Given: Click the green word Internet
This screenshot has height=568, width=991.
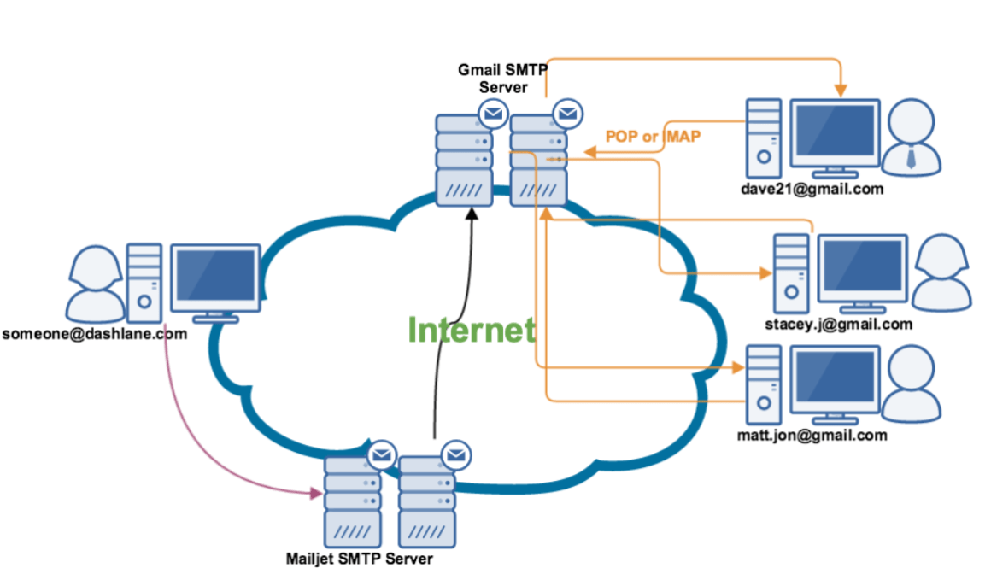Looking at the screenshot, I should (472, 331).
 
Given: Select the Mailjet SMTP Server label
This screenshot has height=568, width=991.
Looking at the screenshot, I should (359, 559).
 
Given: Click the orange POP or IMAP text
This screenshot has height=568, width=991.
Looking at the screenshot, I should (654, 135).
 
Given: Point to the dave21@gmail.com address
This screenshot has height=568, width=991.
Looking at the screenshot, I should (812, 189).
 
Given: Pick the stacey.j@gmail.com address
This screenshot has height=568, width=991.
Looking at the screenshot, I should (839, 324).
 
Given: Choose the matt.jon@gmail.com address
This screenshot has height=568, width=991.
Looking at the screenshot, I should (812, 435).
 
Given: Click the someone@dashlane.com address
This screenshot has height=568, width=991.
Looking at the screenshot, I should (94, 334).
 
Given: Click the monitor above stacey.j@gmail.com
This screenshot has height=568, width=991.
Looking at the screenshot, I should (862, 268).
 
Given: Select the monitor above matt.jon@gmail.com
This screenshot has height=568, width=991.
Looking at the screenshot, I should (835, 378).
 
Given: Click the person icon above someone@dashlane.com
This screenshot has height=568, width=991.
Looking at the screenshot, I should (89, 282).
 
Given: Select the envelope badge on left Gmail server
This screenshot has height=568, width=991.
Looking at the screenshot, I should (493, 112).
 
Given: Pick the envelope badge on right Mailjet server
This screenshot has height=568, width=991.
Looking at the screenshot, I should (457, 454).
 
